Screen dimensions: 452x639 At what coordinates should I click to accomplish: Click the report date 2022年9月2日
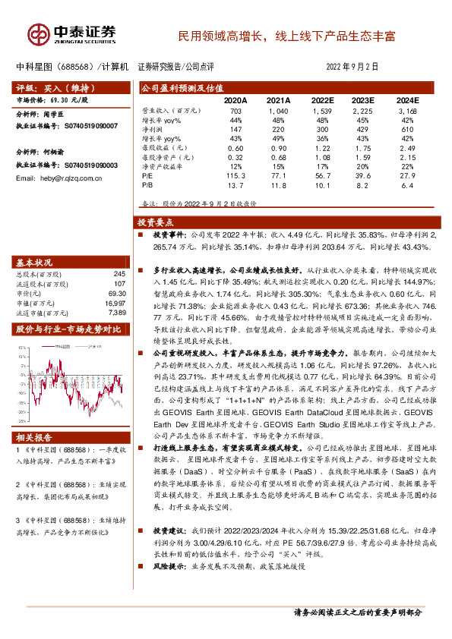pos(353,67)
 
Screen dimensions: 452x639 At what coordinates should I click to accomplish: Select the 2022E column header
pos(323,99)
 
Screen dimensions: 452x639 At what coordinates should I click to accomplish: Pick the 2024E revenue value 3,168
pos(407,111)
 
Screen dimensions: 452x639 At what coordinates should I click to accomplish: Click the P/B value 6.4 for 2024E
pos(407,184)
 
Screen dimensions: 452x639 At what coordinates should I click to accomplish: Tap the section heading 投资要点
pos(155,223)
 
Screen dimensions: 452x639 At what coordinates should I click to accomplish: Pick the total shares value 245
pos(118,273)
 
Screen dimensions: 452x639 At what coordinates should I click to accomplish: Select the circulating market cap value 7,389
pos(116,312)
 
